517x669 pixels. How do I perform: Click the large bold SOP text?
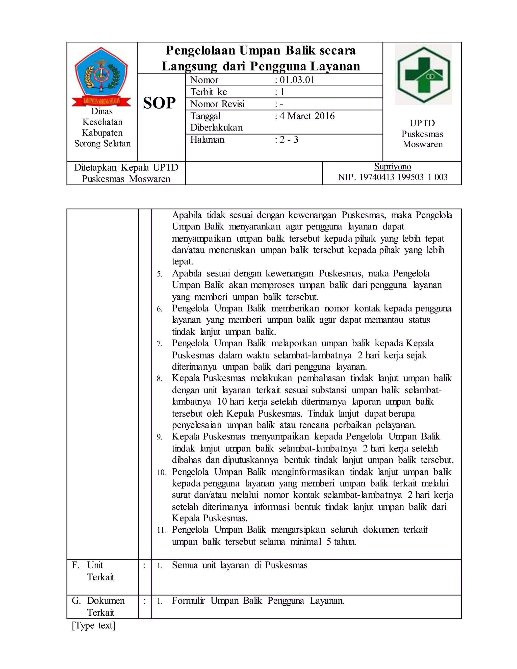coord(159,103)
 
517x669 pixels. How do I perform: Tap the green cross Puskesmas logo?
coord(423,74)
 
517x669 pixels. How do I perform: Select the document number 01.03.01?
coord(297,80)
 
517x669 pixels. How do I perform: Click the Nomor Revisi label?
coord(217,104)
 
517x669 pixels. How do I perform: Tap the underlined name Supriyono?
coord(393,167)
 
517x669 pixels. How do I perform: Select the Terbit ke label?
coord(209,92)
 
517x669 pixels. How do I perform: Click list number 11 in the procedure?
coord(161,530)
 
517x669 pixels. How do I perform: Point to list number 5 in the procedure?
coord(160,274)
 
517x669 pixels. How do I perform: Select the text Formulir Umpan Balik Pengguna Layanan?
coord(258,601)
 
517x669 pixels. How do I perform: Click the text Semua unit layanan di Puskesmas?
coord(240,565)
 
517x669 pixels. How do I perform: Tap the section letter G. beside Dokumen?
coord(76,601)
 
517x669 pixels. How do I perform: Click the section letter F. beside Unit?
coord(75,565)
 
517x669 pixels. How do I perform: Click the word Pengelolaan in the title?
coord(200,50)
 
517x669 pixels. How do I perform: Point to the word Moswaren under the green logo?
coord(423,144)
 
